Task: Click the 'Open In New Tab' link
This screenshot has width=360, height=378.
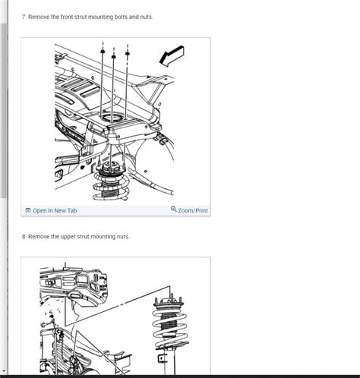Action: tap(55, 210)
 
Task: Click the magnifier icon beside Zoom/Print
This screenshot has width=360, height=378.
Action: tap(173, 209)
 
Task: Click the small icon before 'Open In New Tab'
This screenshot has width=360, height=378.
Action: tap(28, 210)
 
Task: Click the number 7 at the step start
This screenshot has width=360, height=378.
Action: tap(24, 16)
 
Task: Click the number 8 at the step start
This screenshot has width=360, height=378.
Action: tap(24, 237)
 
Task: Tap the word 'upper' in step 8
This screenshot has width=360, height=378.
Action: tap(65, 237)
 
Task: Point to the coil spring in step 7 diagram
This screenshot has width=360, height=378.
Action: tap(111, 187)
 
